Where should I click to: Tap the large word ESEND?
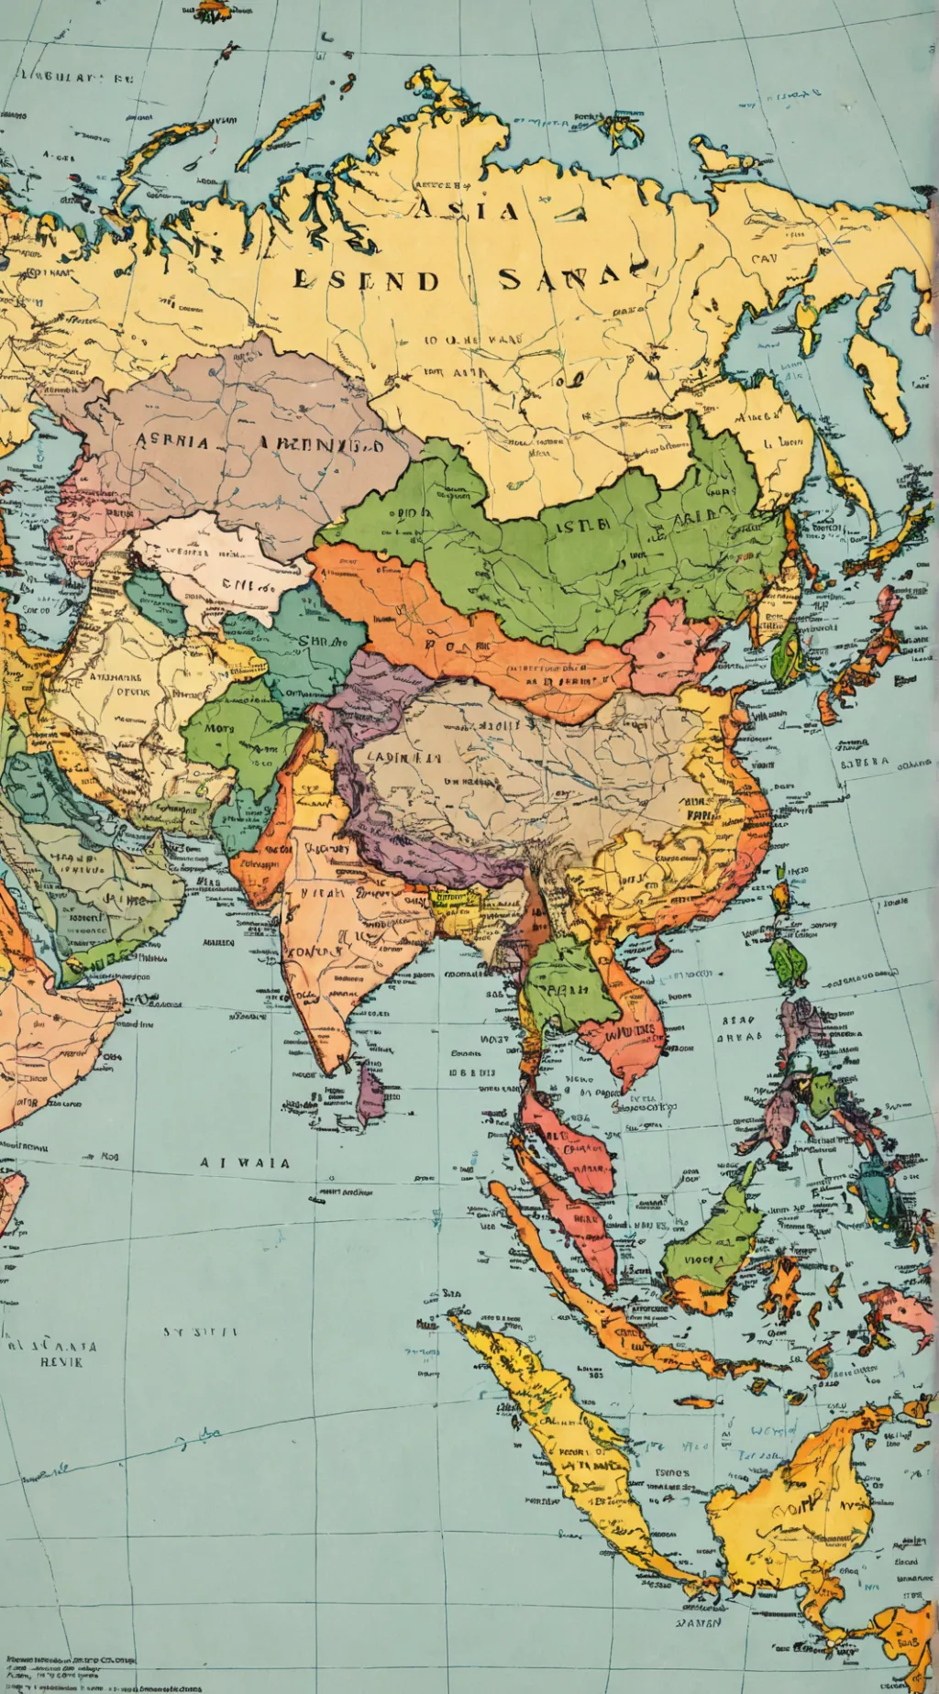click(x=366, y=280)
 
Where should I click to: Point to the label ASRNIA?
click(x=173, y=441)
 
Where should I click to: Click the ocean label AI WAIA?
click(x=245, y=1162)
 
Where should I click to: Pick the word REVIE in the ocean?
click(x=61, y=1362)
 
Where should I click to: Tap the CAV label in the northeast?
click(x=764, y=259)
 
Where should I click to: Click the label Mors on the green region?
click(x=219, y=729)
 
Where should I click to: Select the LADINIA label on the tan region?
click(x=403, y=758)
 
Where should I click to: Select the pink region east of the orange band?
click(x=673, y=646)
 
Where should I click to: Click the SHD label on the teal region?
click(x=315, y=642)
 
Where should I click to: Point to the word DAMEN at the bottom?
click(x=699, y=1622)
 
